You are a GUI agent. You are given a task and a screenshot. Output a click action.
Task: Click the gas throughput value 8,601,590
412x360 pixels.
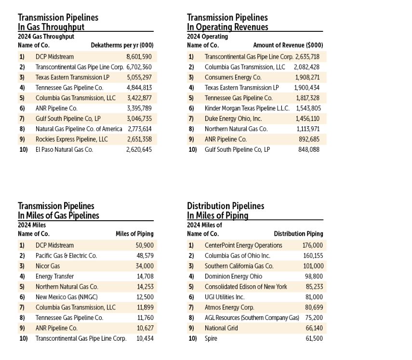tap(139, 56)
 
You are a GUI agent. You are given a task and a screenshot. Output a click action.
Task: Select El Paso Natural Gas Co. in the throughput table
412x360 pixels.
tap(64, 150)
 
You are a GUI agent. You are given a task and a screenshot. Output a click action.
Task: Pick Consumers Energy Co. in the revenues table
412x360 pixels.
tap(233, 77)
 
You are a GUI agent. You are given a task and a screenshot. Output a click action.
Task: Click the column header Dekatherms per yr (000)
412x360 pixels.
tap(122, 45)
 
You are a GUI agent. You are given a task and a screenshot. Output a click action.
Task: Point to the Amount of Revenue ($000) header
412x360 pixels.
tap(288, 45)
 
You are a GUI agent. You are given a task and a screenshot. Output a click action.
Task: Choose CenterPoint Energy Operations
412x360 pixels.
tap(243, 245)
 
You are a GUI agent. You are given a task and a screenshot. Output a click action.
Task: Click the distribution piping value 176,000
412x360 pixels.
tap(313, 245)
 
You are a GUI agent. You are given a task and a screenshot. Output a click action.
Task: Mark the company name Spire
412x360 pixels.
tap(211, 339)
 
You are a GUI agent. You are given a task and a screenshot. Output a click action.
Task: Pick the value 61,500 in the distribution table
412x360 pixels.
tap(314, 339)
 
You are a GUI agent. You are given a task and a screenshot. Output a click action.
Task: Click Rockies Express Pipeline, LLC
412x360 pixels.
tap(71, 139)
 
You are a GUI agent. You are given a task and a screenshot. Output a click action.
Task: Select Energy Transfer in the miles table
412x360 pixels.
tap(54, 276)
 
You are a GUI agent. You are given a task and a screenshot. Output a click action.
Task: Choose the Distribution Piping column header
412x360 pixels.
tap(298, 234)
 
